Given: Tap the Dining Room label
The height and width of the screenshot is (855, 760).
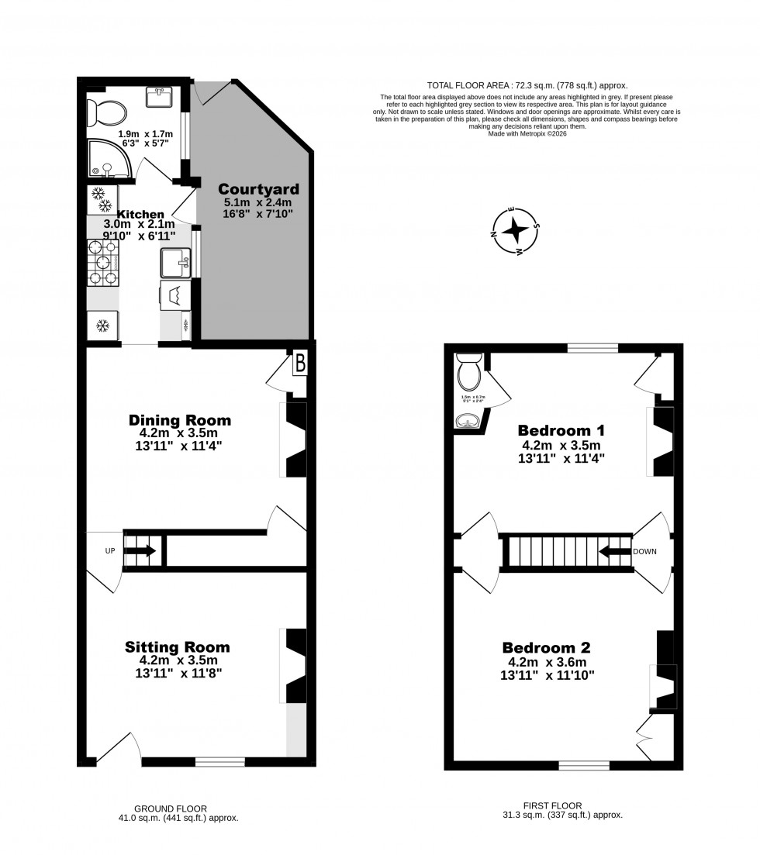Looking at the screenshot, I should click(x=179, y=420).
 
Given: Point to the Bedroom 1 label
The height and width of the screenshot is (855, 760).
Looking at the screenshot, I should click(x=561, y=430).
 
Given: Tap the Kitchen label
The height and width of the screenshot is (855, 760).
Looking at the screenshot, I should click(x=140, y=214).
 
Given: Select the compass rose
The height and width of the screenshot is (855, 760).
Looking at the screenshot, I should click(x=515, y=231).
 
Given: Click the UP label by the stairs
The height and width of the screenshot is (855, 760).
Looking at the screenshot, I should click(x=109, y=550).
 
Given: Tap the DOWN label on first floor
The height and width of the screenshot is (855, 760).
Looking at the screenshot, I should click(x=644, y=551).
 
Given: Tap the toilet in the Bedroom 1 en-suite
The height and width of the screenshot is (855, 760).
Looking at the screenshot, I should click(x=469, y=374).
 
